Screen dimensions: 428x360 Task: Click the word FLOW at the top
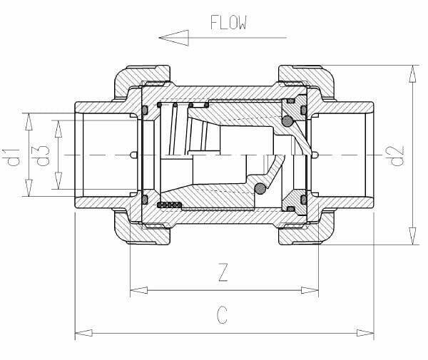(x=229, y=22)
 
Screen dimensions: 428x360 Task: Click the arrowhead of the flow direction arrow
(x=174, y=38)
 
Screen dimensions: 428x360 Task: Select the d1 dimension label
(x=11, y=158)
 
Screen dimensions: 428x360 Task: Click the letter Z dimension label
(x=223, y=272)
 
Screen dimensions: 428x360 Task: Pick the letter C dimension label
(x=222, y=315)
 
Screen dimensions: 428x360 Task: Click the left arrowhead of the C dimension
(x=83, y=333)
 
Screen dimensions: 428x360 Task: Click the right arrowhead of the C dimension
(x=365, y=333)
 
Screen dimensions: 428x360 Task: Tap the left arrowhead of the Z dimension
(x=138, y=290)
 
